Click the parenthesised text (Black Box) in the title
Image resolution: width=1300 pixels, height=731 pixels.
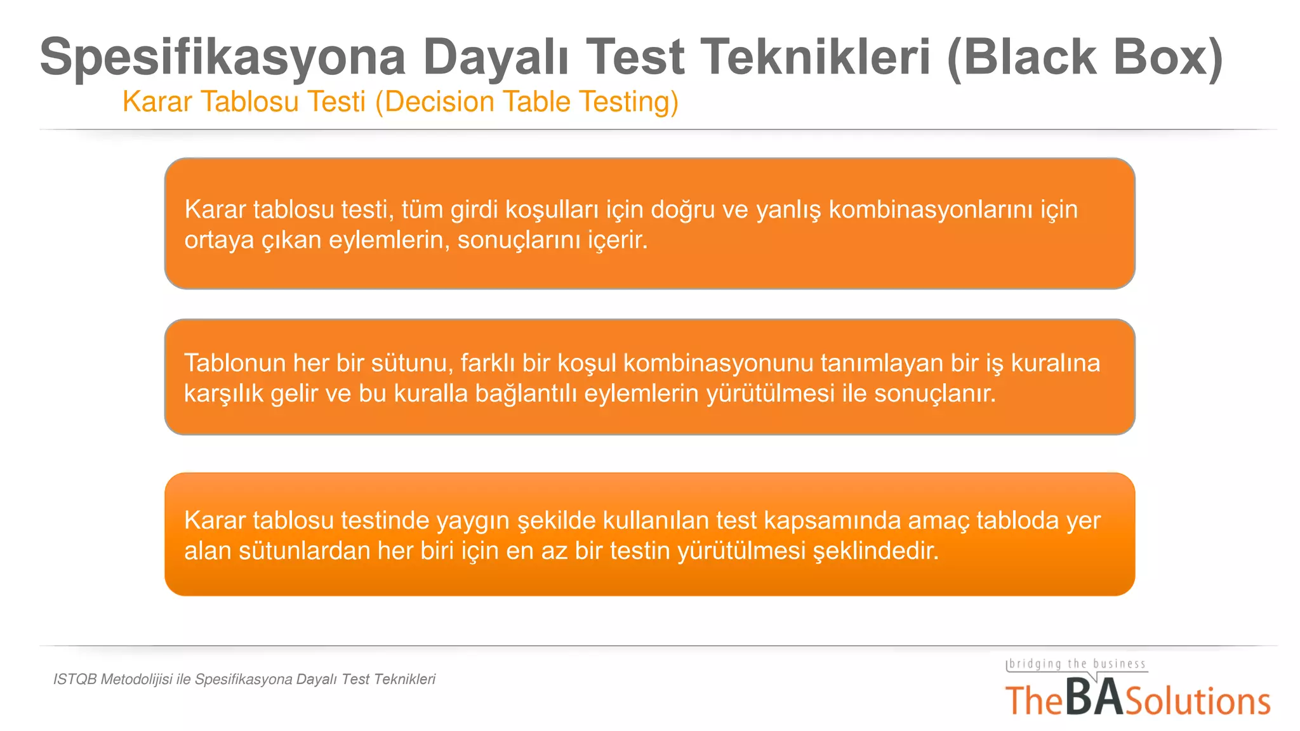[1085, 57]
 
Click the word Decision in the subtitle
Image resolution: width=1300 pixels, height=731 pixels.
[435, 102]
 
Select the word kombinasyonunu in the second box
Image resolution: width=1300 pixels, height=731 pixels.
[718, 363]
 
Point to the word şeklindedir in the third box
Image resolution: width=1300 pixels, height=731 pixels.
[875, 551]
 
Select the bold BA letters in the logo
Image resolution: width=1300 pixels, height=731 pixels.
[1094, 698]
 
